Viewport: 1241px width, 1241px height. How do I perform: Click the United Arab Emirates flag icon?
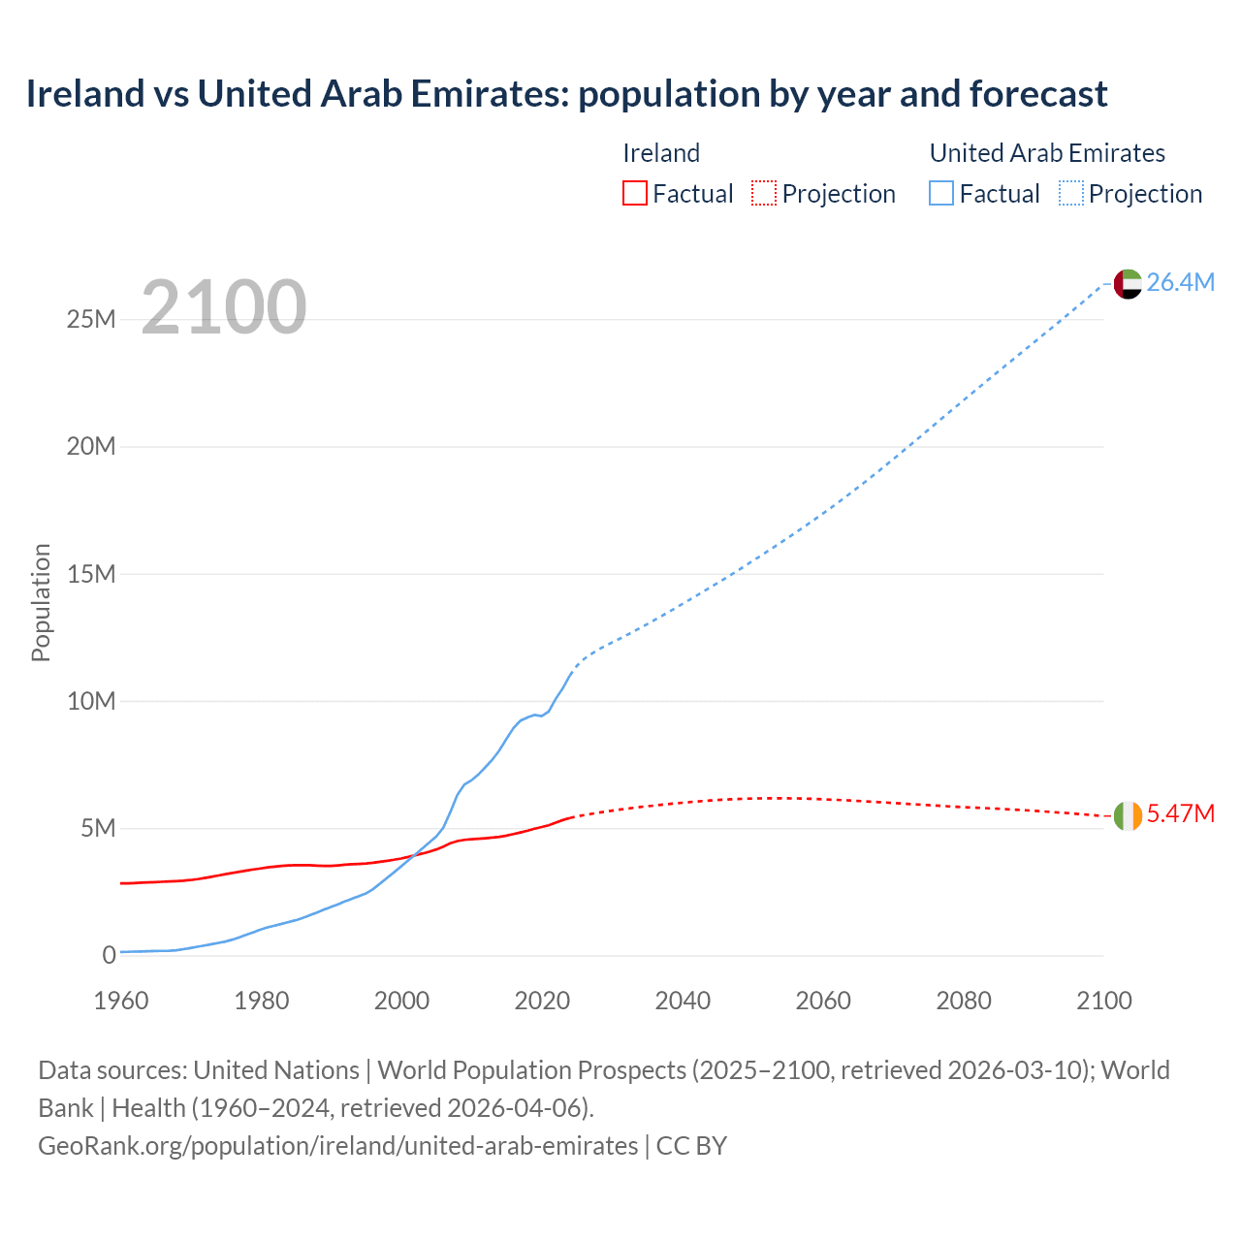pyautogui.click(x=1128, y=284)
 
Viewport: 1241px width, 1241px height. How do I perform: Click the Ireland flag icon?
pyautogui.click(x=1128, y=815)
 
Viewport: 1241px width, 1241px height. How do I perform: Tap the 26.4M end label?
pyautogui.click(x=1180, y=282)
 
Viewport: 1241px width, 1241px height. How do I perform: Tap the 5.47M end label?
pyautogui.click(x=1180, y=813)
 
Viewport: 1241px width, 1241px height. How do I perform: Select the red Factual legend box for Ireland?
pyautogui.click(x=634, y=194)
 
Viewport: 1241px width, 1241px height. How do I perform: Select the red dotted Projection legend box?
pyautogui.click(x=763, y=194)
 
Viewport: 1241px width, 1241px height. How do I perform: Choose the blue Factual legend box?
pyautogui.click(x=940, y=194)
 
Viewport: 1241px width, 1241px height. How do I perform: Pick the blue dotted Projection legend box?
pyautogui.click(x=1070, y=194)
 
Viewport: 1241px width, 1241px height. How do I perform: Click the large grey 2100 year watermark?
pyautogui.click(x=224, y=307)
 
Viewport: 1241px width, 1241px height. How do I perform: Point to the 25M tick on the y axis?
pyautogui.click(x=91, y=319)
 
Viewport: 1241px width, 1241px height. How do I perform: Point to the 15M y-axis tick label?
pyautogui.click(x=91, y=574)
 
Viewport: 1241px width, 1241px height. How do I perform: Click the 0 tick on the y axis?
pyautogui.click(x=109, y=955)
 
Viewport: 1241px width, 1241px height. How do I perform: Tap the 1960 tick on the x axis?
pyautogui.click(x=121, y=1001)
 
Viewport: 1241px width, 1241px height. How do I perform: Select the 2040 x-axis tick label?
pyautogui.click(x=683, y=1001)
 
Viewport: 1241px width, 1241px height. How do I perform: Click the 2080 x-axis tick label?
pyautogui.click(x=964, y=1001)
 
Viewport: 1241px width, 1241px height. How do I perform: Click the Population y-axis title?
pyautogui.click(x=41, y=602)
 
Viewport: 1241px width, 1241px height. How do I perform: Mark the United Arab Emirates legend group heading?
pyautogui.click(x=1047, y=153)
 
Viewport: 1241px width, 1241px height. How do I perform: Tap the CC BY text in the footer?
pyautogui.click(x=691, y=1146)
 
